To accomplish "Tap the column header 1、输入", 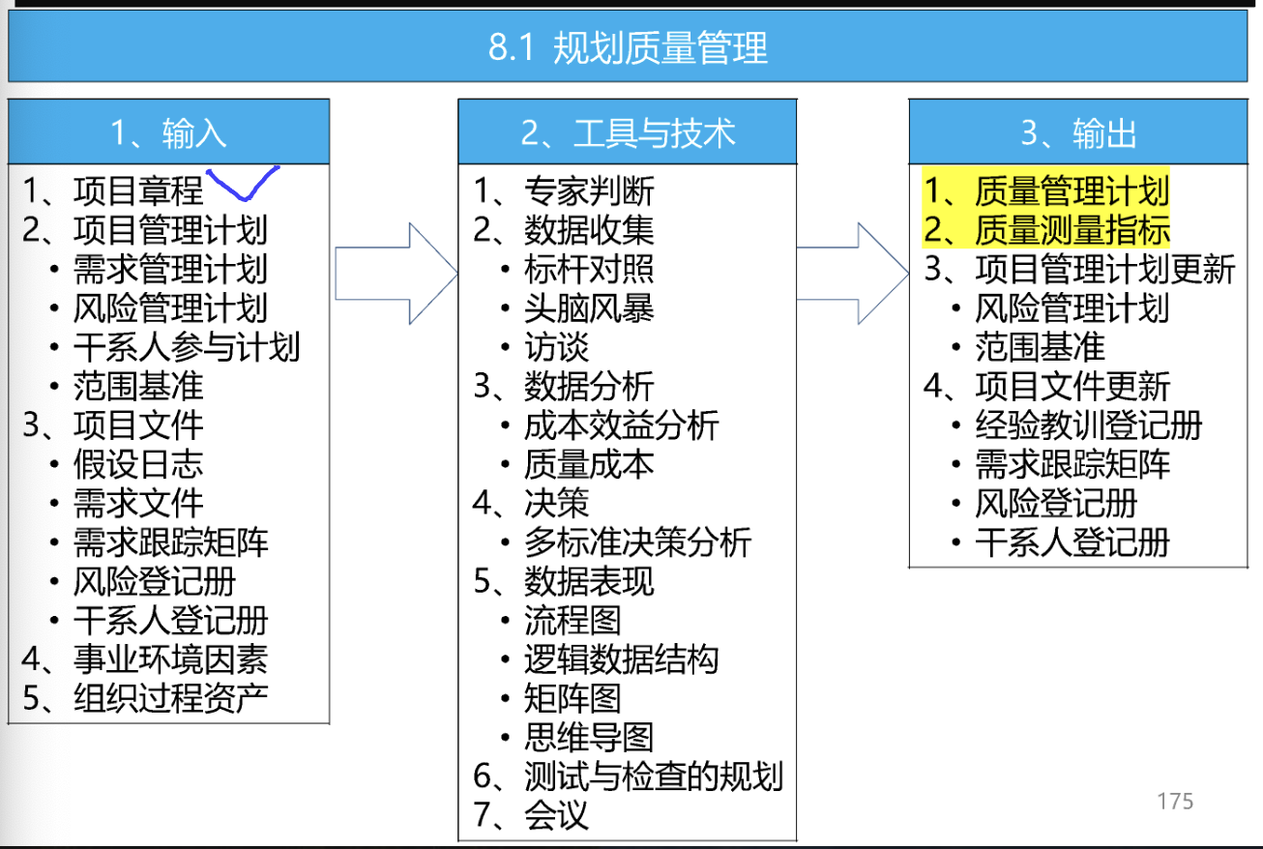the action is tap(168, 133).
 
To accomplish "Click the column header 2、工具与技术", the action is tap(628, 133).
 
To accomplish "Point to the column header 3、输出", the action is tap(1078, 133).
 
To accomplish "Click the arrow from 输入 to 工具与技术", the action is tap(396, 274).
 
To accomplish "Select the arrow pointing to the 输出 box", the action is tap(853, 274).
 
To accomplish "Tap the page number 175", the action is tap(1175, 801).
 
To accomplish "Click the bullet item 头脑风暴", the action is tap(589, 307).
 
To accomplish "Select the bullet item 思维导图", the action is tap(589, 737).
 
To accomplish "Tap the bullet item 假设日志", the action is tap(138, 464).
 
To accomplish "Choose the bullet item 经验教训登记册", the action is tap(1088, 424).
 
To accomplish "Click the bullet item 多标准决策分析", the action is tap(637, 542).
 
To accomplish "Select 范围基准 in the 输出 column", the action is tap(1040, 346).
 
